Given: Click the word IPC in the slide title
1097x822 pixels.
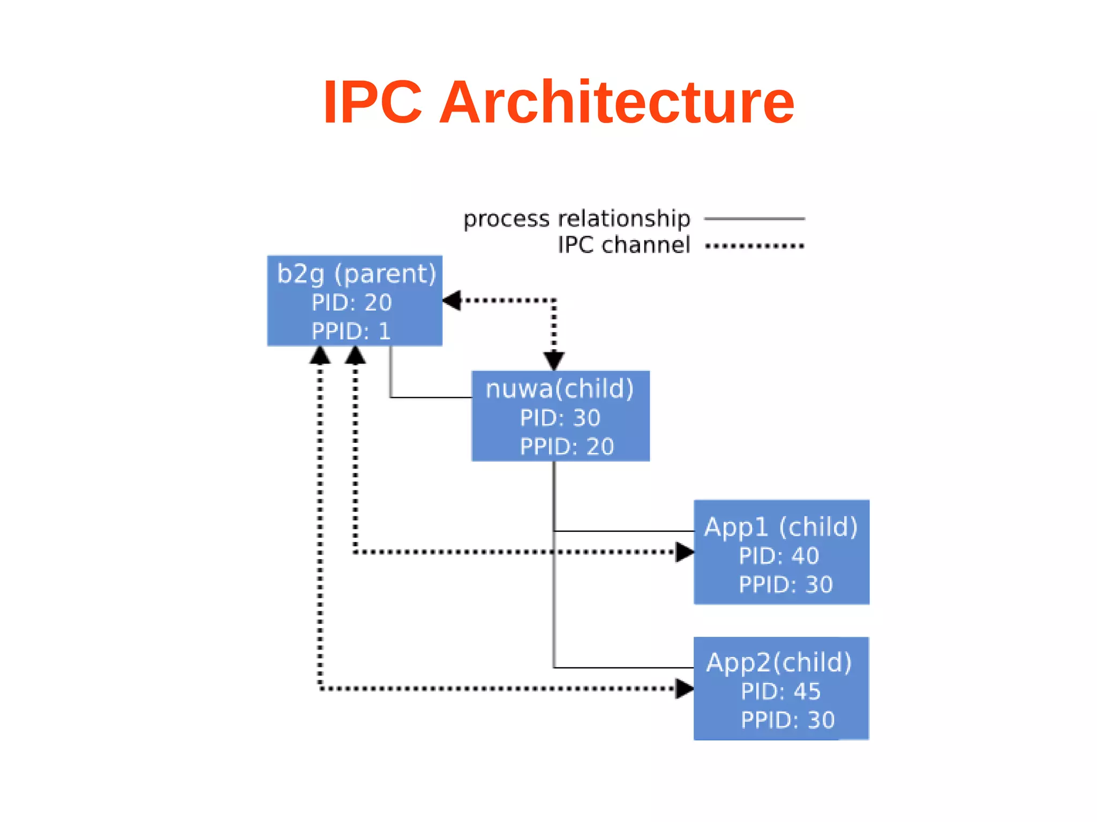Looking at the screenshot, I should pos(372,102).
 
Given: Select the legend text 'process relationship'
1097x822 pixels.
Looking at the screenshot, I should pos(576,219).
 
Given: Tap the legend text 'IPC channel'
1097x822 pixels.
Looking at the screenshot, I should pos(623,245).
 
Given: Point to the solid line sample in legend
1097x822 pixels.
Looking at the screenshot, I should pos(754,218).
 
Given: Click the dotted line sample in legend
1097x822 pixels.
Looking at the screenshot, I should pos(754,246).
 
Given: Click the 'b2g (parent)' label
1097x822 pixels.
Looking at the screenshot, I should pos(356,274).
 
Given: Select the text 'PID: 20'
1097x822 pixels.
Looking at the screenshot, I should pos(352,303).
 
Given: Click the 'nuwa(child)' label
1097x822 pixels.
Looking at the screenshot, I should pos(559,389).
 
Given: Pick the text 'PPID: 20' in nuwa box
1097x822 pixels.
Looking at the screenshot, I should pos(567,447).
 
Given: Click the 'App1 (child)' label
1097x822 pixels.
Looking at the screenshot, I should pos(780,527).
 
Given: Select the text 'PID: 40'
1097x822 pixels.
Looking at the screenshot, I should pos(779,556).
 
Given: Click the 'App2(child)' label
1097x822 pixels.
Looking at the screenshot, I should pos(779,663).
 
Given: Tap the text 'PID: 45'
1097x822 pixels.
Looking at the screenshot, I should pos(780,692).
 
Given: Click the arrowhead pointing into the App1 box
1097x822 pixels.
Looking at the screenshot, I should pos(684,552).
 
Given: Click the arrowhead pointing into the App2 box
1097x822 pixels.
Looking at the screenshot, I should pos(684,689).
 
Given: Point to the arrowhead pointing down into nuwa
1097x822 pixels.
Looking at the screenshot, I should pos(554,360).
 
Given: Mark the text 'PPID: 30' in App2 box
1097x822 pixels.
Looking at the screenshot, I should pos(787,721).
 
